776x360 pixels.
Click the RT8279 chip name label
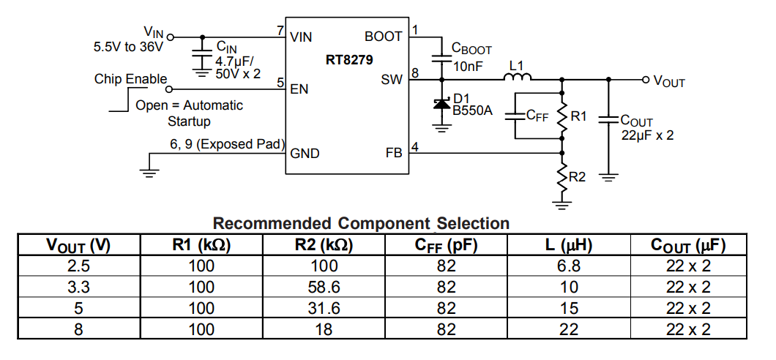point(349,61)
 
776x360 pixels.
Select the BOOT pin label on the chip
point(383,36)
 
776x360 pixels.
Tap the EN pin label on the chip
point(299,89)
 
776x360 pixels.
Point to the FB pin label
point(393,153)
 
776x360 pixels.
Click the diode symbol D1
point(441,104)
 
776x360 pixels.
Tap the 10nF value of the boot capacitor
point(468,67)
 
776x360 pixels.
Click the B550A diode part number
point(472,112)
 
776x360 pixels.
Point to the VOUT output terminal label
point(668,81)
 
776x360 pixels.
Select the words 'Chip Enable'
point(130,79)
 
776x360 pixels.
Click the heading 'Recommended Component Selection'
point(361,223)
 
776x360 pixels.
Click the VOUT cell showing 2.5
point(78,266)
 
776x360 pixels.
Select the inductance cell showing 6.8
point(569,266)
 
